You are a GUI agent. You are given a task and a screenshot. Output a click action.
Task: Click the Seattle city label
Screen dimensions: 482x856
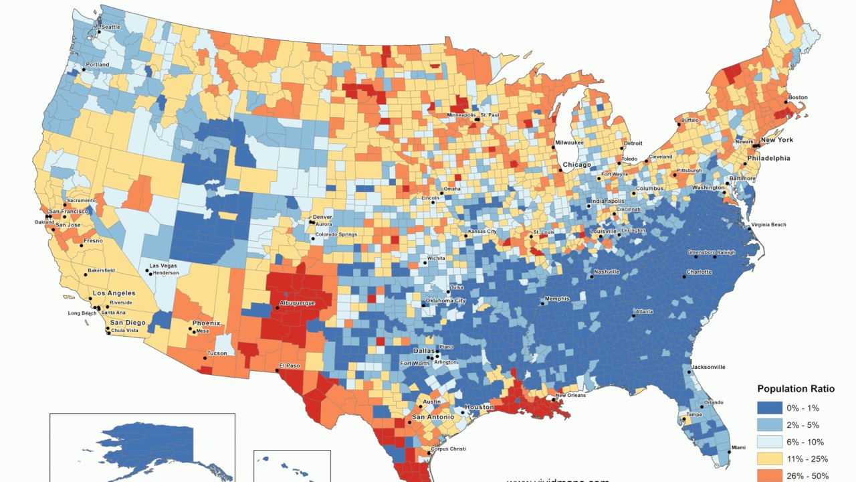point(111,27)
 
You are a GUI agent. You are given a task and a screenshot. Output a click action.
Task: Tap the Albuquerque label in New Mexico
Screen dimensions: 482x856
point(298,303)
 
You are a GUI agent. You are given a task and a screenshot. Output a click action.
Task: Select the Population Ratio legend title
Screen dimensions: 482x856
point(796,389)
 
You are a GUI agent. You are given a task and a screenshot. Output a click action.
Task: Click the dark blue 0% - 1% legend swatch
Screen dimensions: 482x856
point(769,408)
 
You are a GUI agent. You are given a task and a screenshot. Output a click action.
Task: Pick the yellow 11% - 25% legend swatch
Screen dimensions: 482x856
point(769,459)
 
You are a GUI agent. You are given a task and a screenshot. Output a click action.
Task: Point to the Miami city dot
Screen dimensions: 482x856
point(729,453)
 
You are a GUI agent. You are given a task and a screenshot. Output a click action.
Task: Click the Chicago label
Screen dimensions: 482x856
point(576,165)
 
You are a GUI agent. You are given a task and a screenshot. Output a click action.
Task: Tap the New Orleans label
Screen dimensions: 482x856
point(570,396)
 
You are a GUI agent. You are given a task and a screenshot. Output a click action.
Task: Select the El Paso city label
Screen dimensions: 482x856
point(290,365)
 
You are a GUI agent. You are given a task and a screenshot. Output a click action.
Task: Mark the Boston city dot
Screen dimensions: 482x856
point(785,102)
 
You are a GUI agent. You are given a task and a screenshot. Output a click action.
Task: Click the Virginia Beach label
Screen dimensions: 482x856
point(768,224)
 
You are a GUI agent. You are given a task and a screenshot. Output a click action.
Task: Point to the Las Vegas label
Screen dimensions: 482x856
point(163,266)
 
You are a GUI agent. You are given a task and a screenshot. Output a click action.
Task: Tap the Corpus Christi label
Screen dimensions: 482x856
point(448,449)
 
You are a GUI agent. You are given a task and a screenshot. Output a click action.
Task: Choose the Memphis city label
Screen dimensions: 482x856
point(557,299)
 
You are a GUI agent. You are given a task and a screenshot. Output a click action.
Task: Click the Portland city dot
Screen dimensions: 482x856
point(84,70)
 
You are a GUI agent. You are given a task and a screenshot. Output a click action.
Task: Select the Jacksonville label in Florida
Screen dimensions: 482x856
point(709,367)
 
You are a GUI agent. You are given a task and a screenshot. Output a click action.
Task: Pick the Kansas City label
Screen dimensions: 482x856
point(482,232)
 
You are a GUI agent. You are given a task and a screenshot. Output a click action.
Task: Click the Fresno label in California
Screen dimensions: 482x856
point(94,240)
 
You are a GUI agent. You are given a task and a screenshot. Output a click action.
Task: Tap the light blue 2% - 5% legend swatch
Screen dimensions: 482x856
point(769,425)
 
